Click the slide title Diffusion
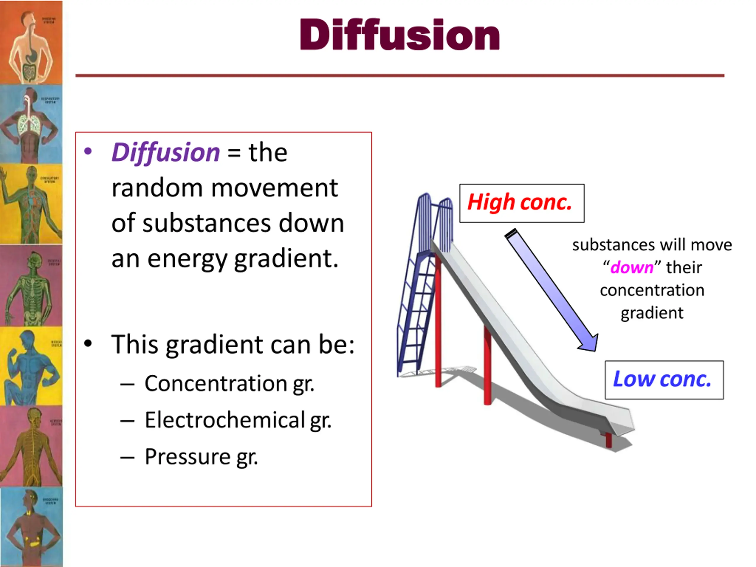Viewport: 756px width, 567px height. (399, 35)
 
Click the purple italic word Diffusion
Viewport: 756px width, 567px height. (166, 152)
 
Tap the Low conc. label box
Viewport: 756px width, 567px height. (664, 380)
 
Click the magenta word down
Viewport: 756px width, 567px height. (632, 268)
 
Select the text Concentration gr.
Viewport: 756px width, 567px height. (229, 384)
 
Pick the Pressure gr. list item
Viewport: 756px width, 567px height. (201, 457)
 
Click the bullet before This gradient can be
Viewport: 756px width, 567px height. (88, 344)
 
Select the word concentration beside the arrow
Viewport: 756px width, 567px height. (652, 291)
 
